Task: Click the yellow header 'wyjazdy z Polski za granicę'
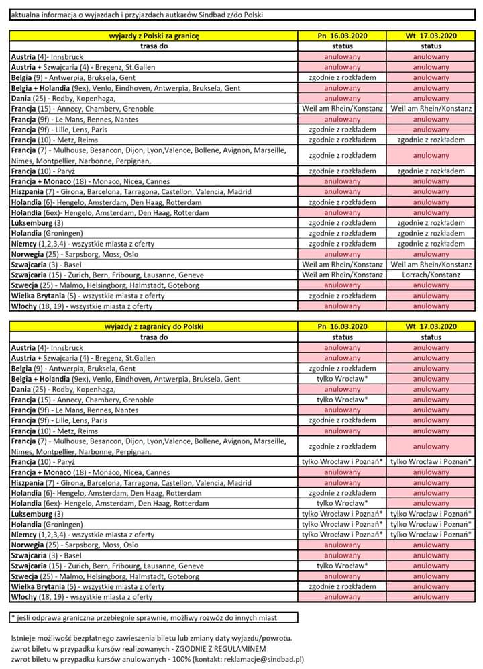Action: [x=154, y=36]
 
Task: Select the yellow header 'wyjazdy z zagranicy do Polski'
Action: [x=154, y=326]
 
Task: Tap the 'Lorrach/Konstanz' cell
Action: [x=431, y=275]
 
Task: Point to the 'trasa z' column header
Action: [x=154, y=46]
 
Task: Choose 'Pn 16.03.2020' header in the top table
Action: [x=342, y=36]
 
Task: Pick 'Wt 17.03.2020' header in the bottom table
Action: [x=431, y=326]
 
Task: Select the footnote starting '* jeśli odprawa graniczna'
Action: [x=144, y=617]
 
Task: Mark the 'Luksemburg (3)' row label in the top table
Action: [x=38, y=223]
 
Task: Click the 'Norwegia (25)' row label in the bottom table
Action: [x=74, y=545]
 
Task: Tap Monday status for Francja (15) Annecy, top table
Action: [x=342, y=108]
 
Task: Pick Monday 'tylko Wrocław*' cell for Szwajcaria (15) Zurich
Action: [x=342, y=566]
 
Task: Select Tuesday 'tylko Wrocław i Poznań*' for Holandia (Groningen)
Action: [x=431, y=524]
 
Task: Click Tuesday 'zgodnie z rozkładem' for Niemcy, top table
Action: [x=431, y=244]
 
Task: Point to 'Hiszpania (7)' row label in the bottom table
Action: [x=131, y=482]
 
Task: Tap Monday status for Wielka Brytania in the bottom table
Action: [x=342, y=586]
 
